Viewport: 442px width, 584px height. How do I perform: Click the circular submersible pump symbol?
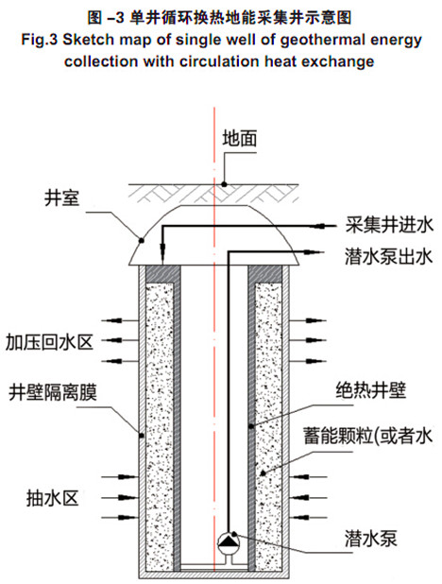pos(229,542)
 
